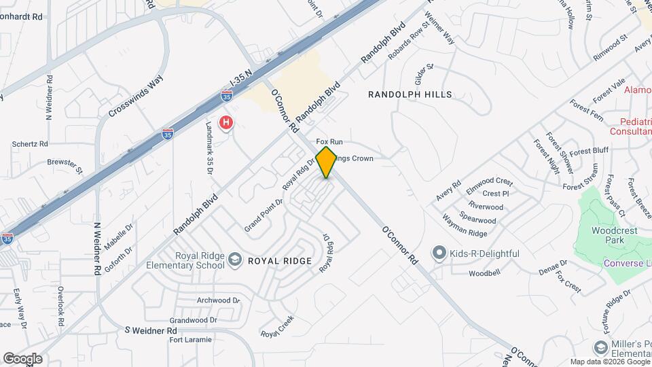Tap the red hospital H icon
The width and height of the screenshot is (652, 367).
tap(225, 123)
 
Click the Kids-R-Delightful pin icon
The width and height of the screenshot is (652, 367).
tap(439, 254)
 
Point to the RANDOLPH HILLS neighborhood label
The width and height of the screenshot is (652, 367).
tap(410, 94)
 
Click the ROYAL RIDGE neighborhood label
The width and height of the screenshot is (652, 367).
tap(279, 261)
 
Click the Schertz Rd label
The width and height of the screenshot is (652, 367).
tap(30, 144)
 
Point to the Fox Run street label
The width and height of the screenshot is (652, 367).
tap(329, 141)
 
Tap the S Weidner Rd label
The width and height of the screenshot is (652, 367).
tap(151, 330)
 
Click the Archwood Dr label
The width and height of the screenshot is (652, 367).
tap(218, 300)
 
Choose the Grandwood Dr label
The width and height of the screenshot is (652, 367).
tap(194, 319)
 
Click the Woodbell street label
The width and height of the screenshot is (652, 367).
tap(484, 273)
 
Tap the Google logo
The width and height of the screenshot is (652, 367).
tap(22, 358)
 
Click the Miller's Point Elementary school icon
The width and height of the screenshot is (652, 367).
tap(600, 347)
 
